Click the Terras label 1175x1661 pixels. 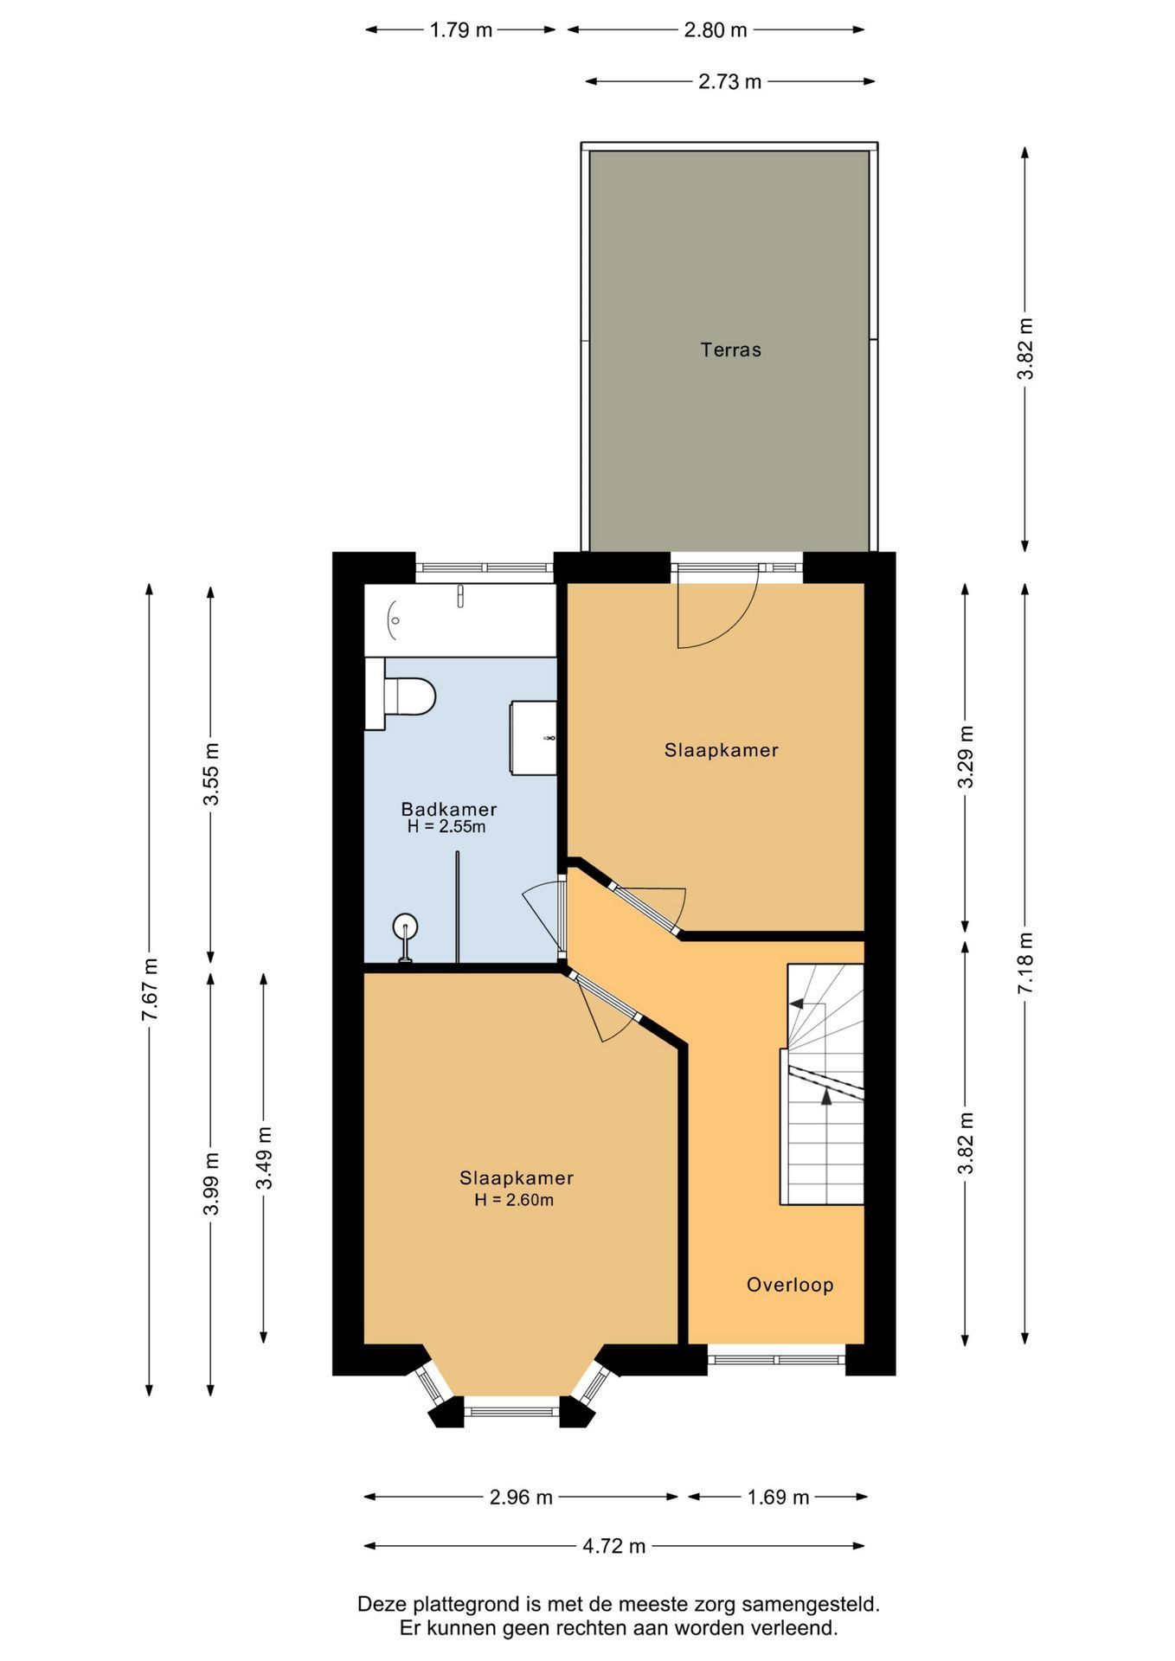pyautogui.click(x=730, y=350)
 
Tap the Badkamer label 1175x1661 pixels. pyautogui.click(x=448, y=809)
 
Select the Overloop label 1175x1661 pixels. pyautogui.click(x=790, y=1285)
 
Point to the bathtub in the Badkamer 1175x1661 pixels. pyautogui.click(x=459, y=619)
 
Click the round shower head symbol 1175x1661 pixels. pyautogui.click(x=405, y=927)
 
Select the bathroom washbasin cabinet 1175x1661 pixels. pyautogui.click(x=533, y=738)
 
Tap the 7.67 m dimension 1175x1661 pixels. pyautogui.click(x=149, y=990)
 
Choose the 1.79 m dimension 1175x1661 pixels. pyautogui.click(x=460, y=30)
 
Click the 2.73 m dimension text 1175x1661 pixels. pyautogui.click(x=729, y=82)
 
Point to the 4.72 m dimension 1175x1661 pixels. pyautogui.click(x=614, y=1546)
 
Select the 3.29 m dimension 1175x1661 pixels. pyautogui.click(x=966, y=757)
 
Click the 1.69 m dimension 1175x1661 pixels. pyautogui.click(x=778, y=1497)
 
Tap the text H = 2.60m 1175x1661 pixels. pyautogui.click(x=514, y=1200)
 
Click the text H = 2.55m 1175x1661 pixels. pyautogui.click(x=446, y=826)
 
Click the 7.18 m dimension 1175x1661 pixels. pyautogui.click(x=1025, y=963)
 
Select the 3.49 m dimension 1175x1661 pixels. pyautogui.click(x=264, y=1158)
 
